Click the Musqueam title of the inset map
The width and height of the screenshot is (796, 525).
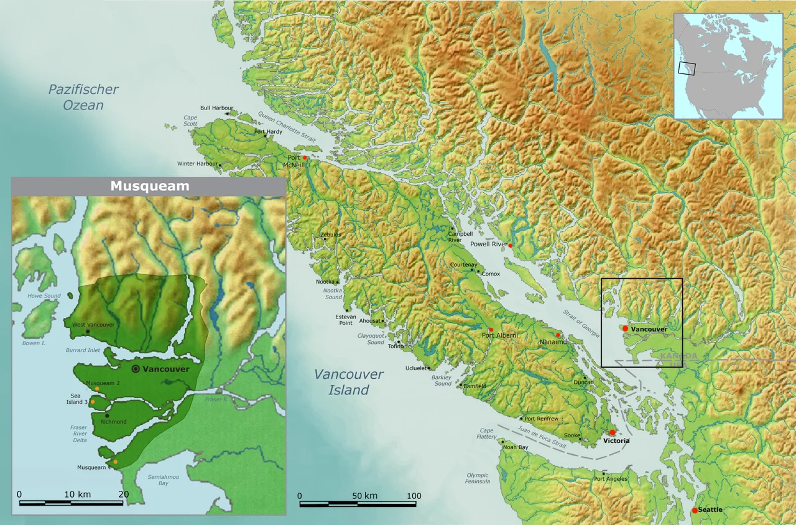[149, 186]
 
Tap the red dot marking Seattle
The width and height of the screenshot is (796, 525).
[695, 511]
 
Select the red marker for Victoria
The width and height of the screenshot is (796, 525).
[612, 432]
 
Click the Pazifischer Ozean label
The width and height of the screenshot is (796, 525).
[83, 97]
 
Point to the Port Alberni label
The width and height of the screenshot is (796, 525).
[501, 335]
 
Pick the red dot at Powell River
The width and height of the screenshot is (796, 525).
[510, 246]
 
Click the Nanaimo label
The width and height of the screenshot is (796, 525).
[552, 341]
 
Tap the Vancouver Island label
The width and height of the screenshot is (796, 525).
[348, 382]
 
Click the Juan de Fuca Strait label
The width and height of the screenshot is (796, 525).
[541, 434]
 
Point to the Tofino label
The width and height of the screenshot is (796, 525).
[396, 346]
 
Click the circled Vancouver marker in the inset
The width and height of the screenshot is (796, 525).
[136, 369]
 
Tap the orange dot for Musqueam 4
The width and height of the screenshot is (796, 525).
[116, 462]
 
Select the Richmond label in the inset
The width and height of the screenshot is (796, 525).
[113, 422]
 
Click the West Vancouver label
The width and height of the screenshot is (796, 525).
[93, 325]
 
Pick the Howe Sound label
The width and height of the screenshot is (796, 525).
[44, 296]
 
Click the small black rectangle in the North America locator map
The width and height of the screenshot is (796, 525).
[687, 69]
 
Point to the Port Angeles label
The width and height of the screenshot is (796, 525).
[610, 478]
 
